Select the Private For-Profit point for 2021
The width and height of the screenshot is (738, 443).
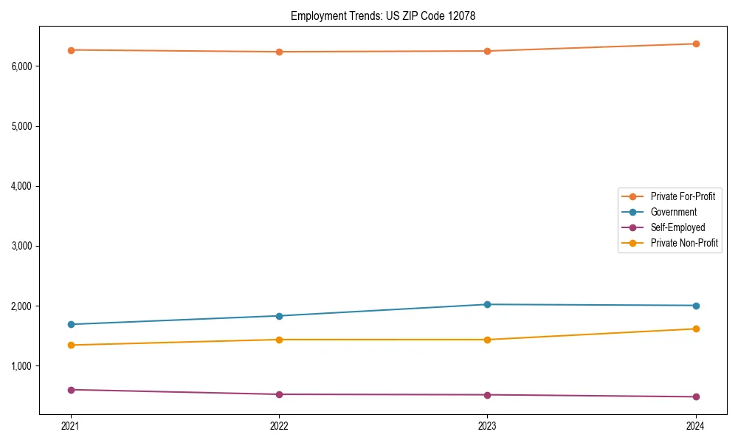pyautogui.click(x=71, y=50)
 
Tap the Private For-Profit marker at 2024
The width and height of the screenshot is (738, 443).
pyautogui.click(x=695, y=44)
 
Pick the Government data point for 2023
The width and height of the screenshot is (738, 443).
pyautogui.click(x=487, y=304)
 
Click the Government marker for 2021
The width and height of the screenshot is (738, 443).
pyautogui.click(x=71, y=324)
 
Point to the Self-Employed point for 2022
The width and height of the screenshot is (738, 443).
pyautogui.click(x=279, y=394)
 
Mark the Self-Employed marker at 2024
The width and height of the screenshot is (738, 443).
pyautogui.click(x=695, y=396)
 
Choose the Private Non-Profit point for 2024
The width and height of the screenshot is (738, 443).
pyautogui.click(x=695, y=329)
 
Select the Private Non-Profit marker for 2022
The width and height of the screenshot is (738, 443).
pyautogui.click(x=279, y=340)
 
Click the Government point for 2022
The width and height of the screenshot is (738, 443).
pyautogui.click(x=279, y=316)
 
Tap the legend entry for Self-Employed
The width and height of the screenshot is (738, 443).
pyautogui.click(x=677, y=227)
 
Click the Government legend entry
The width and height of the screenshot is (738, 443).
pyautogui.click(x=673, y=212)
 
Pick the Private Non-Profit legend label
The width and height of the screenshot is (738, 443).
pyautogui.click(x=684, y=243)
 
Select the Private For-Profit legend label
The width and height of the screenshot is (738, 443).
pyautogui.click(x=683, y=196)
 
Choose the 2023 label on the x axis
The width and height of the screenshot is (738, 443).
pyautogui.click(x=487, y=425)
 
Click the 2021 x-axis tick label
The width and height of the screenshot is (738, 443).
pyautogui.click(x=71, y=425)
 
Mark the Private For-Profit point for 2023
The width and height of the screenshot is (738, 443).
pyautogui.click(x=487, y=51)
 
